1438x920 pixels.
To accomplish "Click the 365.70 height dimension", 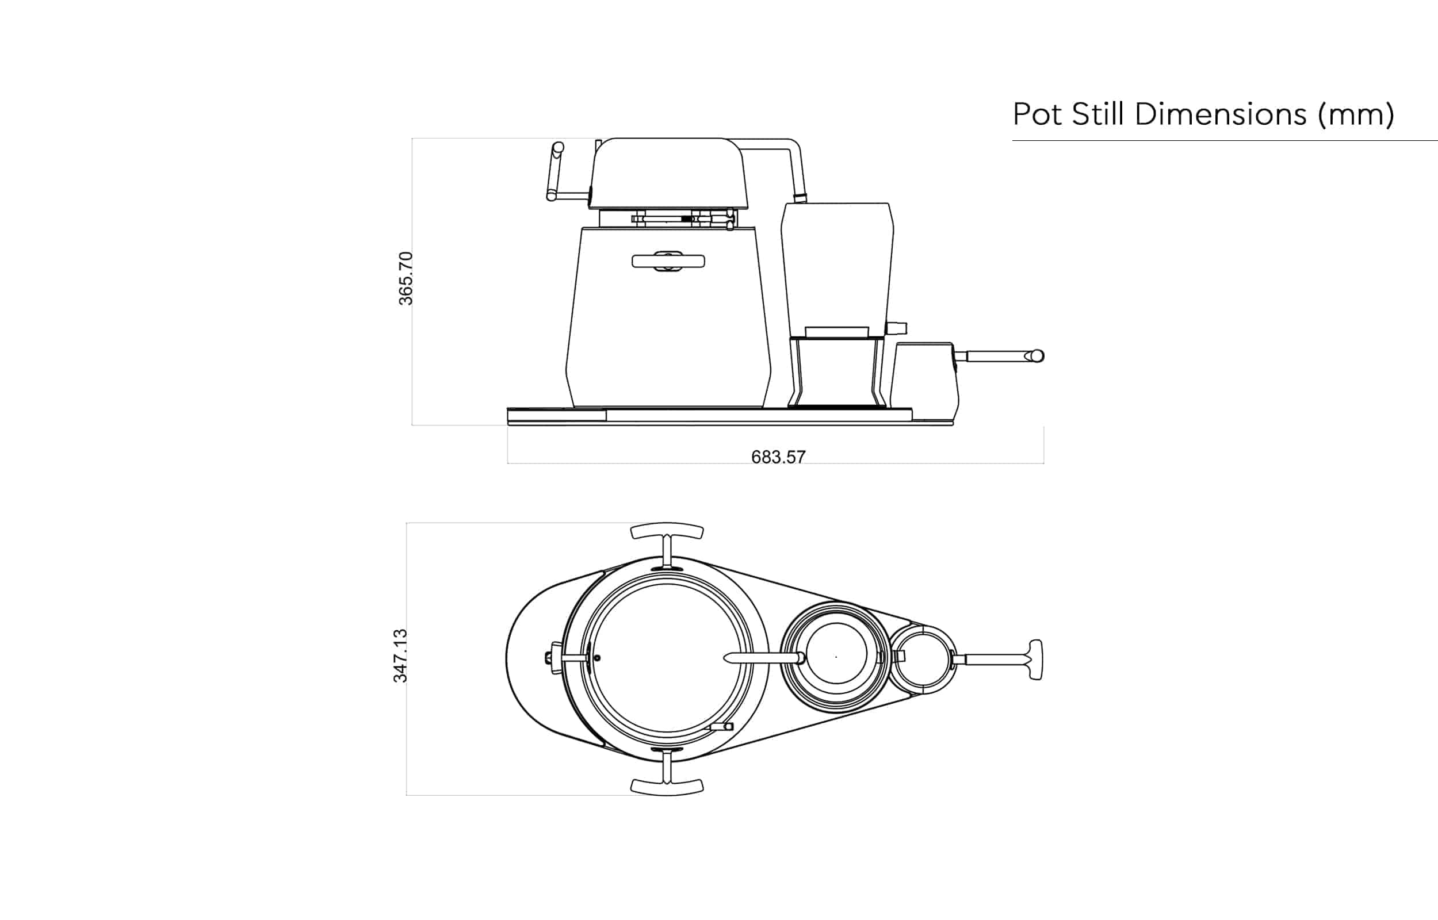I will pyautogui.click(x=406, y=278).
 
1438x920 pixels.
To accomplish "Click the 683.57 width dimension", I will pyautogui.click(x=778, y=457).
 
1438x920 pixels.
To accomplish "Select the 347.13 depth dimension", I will pyautogui.click(x=400, y=655).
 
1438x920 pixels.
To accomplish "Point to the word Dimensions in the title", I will pyautogui.click(x=1220, y=114).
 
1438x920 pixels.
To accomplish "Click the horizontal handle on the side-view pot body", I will pyautogui.click(x=668, y=261).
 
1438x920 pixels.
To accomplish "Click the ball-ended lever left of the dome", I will pyautogui.click(x=555, y=171).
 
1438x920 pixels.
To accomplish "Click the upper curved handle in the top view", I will pyautogui.click(x=667, y=531).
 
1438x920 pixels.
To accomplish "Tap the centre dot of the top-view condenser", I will pyautogui.click(x=836, y=657).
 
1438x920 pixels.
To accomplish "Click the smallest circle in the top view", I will pyautogui.click(x=923, y=660).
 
